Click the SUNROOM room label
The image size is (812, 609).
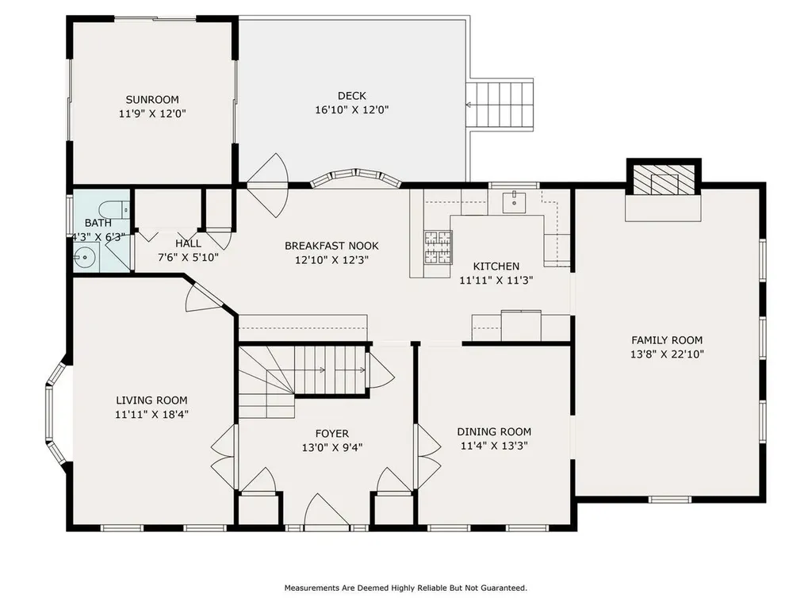151,100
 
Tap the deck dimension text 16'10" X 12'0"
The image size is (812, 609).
351,110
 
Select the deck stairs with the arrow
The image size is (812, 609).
501,105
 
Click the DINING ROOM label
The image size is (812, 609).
494,431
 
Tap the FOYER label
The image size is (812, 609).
331,433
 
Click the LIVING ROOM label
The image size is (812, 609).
151,400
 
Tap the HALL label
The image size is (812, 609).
189,243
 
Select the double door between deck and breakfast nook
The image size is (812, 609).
268,184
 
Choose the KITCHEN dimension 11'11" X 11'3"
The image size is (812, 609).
496,279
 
